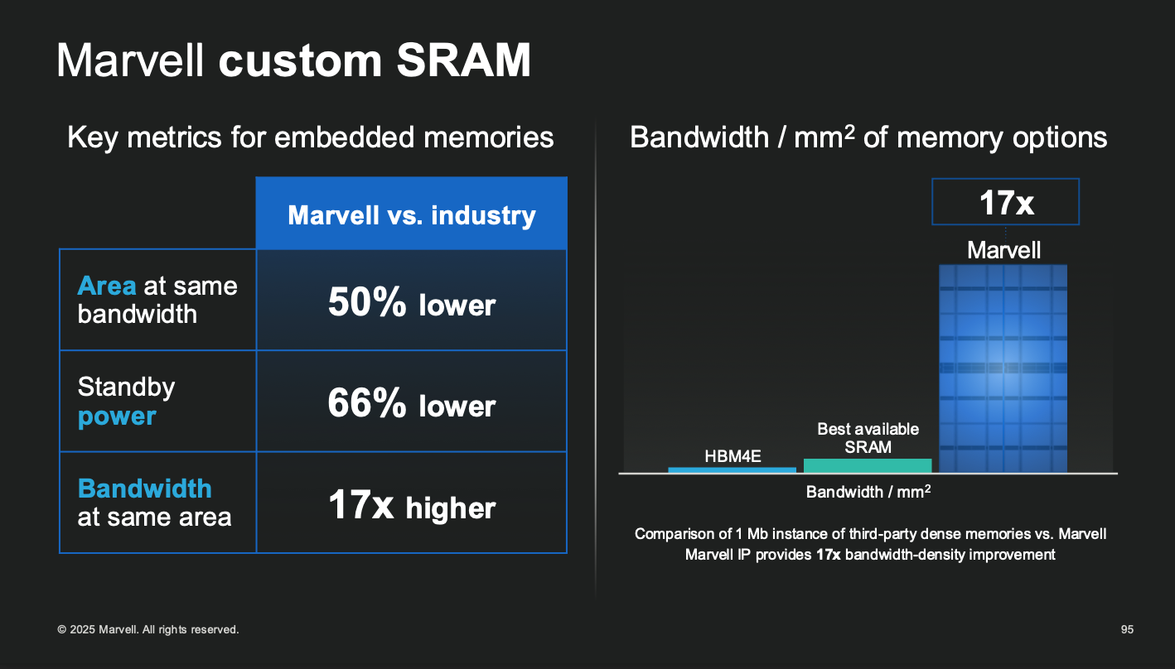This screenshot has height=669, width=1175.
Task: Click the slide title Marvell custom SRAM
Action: (293, 60)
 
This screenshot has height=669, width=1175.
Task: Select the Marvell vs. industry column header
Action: (411, 215)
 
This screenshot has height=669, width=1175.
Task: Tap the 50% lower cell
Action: (411, 304)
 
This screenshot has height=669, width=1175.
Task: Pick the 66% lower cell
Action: (411, 405)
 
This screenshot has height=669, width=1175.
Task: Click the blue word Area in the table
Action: (107, 286)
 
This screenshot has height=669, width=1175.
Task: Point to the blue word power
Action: (117, 416)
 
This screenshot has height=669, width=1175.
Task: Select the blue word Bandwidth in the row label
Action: (145, 488)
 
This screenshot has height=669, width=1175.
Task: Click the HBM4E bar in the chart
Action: (732, 469)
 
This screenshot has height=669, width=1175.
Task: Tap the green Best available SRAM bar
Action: (868, 465)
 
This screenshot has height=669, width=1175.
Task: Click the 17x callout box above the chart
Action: (1006, 202)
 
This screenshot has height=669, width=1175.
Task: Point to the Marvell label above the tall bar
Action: (1004, 250)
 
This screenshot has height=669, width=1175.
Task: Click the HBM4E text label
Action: (733, 455)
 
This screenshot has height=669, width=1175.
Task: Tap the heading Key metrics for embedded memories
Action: (310, 137)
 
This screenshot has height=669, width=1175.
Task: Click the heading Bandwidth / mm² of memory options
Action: (868, 137)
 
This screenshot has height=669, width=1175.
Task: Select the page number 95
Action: (1127, 630)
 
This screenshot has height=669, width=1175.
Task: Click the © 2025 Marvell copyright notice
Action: (148, 630)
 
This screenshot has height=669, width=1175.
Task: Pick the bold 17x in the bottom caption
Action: (829, 555)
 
